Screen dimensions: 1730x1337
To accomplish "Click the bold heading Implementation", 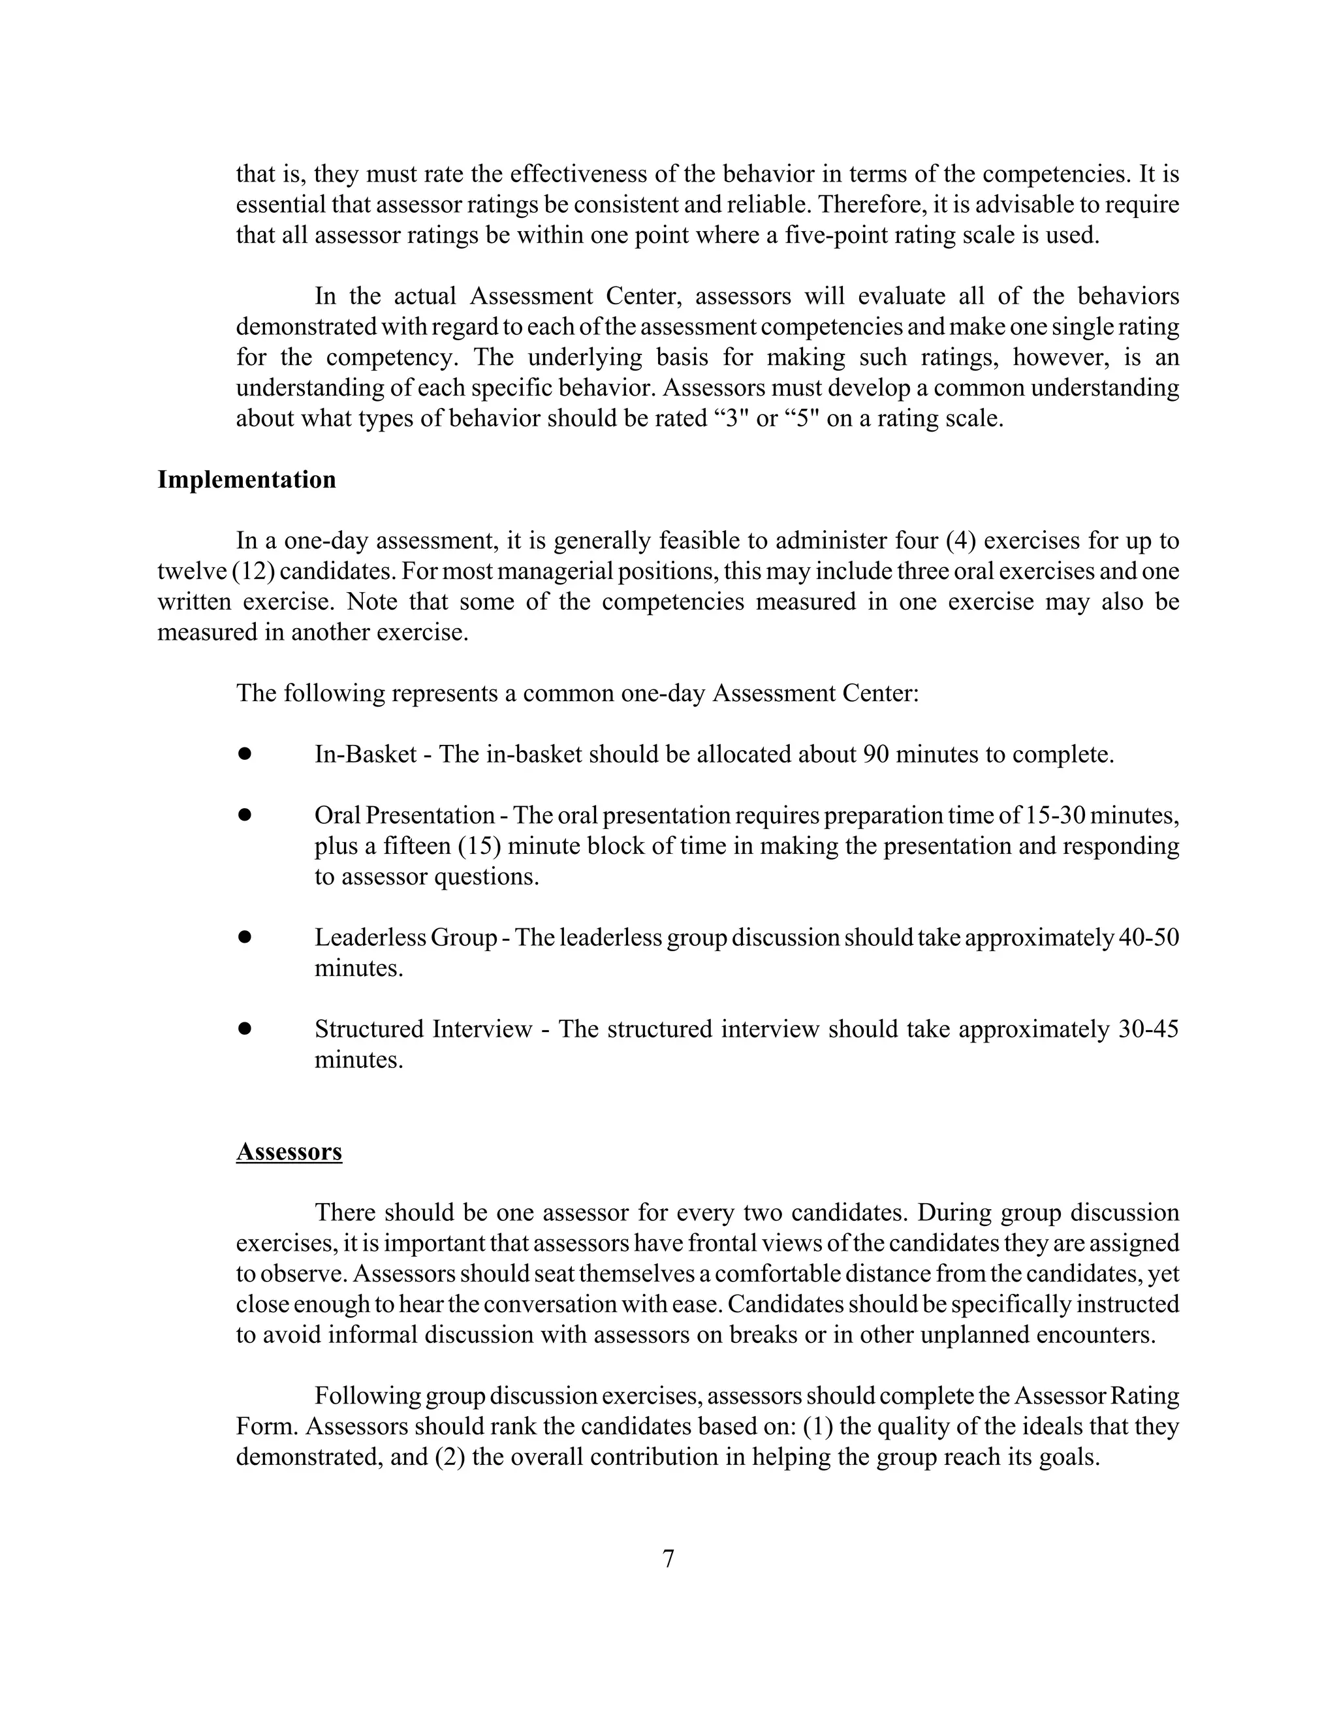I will click(x=246, y=480).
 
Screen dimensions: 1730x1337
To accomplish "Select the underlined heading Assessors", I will click(x=289, y=1151).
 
